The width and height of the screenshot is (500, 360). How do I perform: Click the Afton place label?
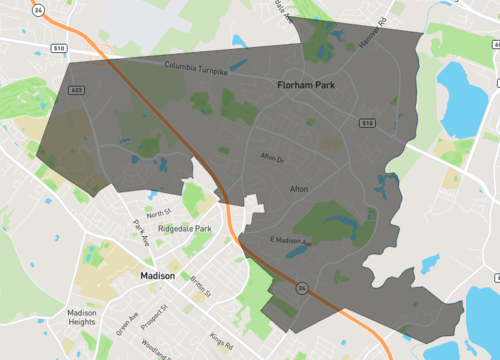point(299,188)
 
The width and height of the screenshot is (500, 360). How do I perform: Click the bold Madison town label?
point(158,275)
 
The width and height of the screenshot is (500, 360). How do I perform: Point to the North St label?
point(159,213)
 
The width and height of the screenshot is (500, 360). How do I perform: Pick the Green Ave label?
point(126,324)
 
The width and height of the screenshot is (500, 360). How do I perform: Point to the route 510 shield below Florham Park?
point(368,123)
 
